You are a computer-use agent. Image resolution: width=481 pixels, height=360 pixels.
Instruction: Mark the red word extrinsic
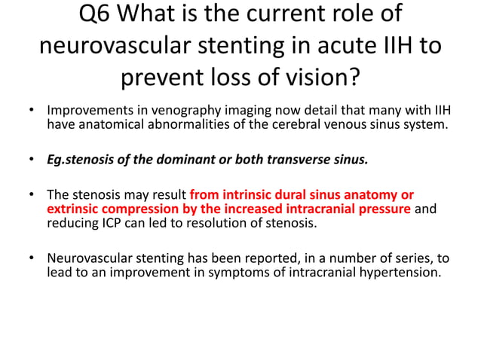tap(74, 208)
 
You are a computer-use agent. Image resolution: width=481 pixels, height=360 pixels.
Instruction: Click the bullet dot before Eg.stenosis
tap(32, 160)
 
